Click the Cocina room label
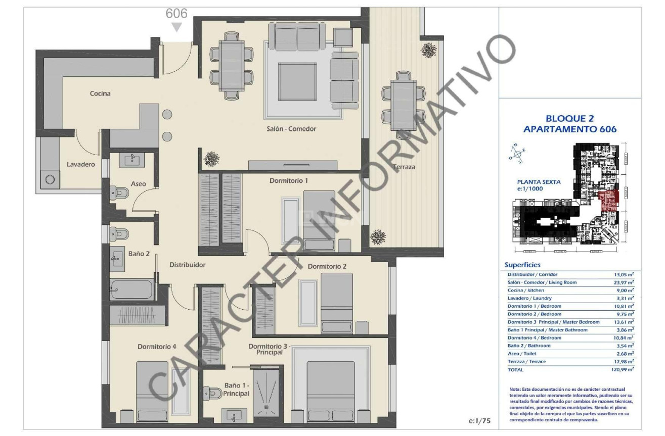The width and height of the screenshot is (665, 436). pyautogui.click(x=100, y=93)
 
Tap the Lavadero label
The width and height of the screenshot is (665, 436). pyautogui.click(x=81, y=164)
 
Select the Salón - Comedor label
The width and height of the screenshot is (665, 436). pyautogui.click(x=291, y=129)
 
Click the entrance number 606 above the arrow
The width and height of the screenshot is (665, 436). pyautogui.click(x=176, y=14)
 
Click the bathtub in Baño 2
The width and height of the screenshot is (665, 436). pyautogui.click(x=131, y=289)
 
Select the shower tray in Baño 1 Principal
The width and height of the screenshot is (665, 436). pyautogui.click(x=265, y=392)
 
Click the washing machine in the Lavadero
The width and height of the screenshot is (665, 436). pyautogui.click(x=51, y=179)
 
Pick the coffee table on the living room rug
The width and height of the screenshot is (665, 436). pyautogui.click(x=297, y=82)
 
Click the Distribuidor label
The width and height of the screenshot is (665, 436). pyautogui.click(x=187, y=264)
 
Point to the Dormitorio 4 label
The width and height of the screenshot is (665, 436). pyautogui.click(x=157, y=347)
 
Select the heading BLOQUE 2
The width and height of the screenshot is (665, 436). pyautogui.click(x=569, y=118)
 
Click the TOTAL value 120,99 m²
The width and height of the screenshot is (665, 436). pyautogui.click(x=622, y=370)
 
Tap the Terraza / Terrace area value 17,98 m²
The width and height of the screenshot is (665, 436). pyautogui.click(x=623, y=362)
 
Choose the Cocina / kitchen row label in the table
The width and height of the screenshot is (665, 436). pyautogui.click(x=526, y=290)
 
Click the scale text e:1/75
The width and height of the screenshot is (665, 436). pyautogui.click(x=480, y=420)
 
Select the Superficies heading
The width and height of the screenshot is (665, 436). pyautogui.click(x=522, y=265)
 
